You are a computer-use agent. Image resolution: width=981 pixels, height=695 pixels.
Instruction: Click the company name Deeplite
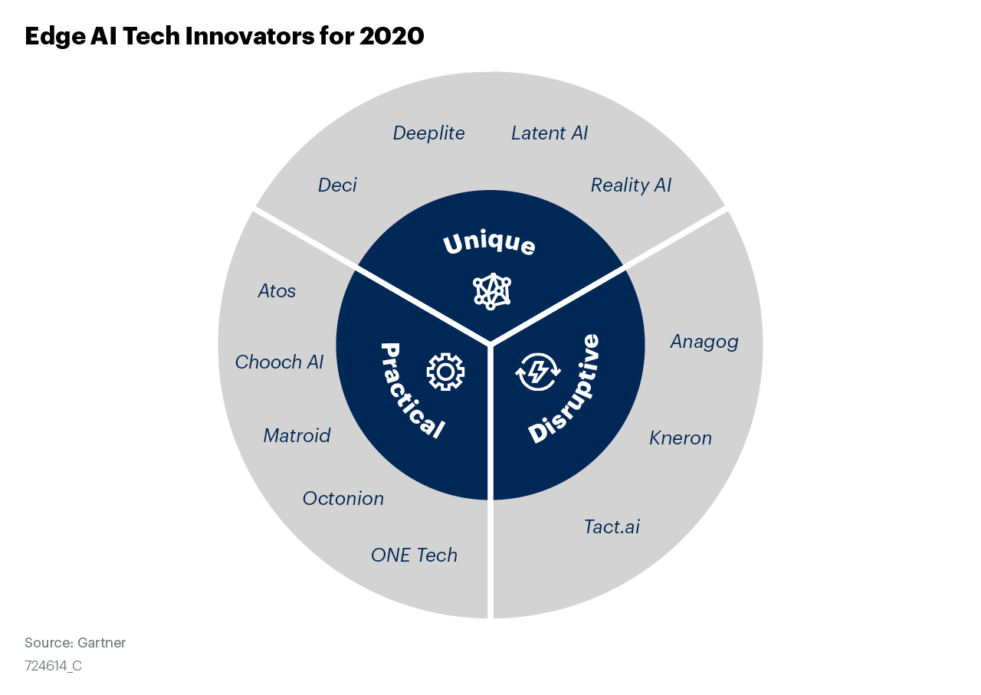tap(428, 133)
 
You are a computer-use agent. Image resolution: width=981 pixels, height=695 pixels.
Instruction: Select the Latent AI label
tap(550, 133)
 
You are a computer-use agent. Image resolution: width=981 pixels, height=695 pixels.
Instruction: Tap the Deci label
tap(337, 185)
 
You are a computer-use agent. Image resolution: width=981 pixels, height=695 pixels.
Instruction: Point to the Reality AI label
tap(631, 185)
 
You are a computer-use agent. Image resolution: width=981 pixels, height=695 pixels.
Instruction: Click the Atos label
tap(277, 291)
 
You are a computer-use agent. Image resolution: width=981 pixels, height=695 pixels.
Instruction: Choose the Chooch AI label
tap(279, 362)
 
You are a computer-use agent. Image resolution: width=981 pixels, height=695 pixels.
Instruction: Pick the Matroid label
tap(297, 436)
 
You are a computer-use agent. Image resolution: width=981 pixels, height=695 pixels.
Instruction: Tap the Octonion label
tap(343, 499)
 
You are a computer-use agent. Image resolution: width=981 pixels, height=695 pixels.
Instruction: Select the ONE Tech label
tap(415, 556)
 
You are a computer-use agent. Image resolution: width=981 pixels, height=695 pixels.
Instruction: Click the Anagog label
tap(704, 342)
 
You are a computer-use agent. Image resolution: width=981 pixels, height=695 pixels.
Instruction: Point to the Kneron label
tap(681, 438)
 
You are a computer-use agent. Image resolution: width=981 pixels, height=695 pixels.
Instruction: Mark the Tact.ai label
tap(612, 527)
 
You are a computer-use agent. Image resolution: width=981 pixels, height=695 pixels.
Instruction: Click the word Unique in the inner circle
tap(489, 244)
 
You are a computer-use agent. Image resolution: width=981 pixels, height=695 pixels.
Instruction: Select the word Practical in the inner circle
tap(411, 391)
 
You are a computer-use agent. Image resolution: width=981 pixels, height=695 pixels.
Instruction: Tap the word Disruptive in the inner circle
tap(564, 388)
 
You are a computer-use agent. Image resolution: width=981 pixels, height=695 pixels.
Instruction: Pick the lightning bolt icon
tap(537, 372)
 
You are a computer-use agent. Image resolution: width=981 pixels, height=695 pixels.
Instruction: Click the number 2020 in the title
tap(392, 36)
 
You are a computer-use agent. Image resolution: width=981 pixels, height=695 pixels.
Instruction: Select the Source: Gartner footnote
tap(75, 642)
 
